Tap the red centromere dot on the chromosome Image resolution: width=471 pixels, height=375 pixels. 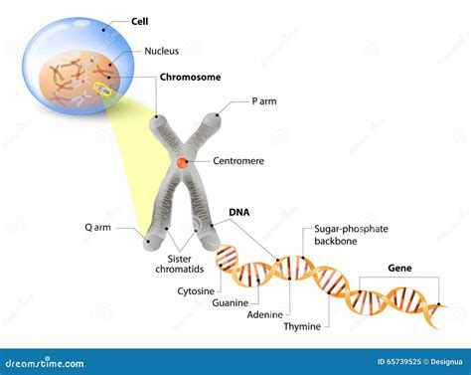(x=183, y=162)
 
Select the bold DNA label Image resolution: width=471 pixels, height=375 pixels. (x=239, y=212)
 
